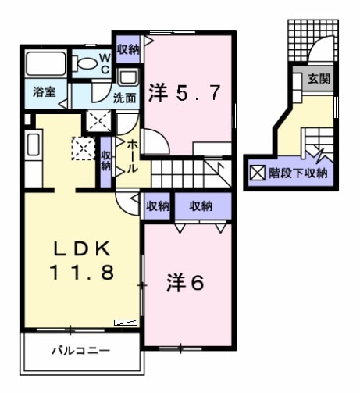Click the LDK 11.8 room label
pyautogui.click(x=84, y=259)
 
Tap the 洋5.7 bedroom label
pyautogui.click(x=191, y=92)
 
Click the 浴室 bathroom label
pyautogui.click(x=43, y=92)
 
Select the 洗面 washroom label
pyautogui.click(x=123, y=98)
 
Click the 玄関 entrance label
pyautogui.click(x=317, y=78)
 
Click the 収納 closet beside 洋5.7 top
pyautogui.click(x=128, y=49)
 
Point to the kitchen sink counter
pyautogui.click(x=34, y=152)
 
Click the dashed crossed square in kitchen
pyautogui.click(x=82, y=147)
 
